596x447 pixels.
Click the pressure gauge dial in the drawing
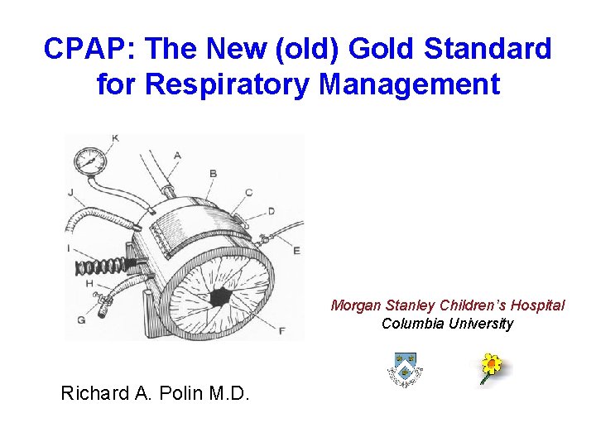tap(89, 161)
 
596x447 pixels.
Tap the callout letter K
tap(114, 137)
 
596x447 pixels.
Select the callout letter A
tap(178, 155)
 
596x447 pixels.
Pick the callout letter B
tap(213, 173)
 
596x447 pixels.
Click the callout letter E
tap(296, 250)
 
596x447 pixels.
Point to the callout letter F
tap(282, 331)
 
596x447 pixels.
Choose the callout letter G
tap(80, 320)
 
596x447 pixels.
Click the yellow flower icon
tap(493, 367)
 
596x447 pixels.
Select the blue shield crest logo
tap(405, 368)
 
